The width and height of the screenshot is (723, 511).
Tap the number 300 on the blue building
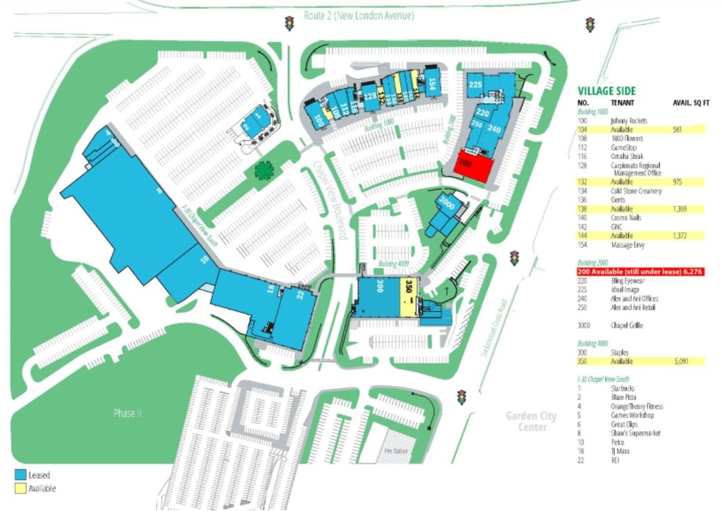[380, 287]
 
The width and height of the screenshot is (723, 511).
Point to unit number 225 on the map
[475, 85]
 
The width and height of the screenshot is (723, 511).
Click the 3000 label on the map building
[446, 205]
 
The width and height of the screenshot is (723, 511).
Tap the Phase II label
[127, 413]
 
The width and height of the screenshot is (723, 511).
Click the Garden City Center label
[531, 421]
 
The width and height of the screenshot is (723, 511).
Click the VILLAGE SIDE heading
[607, 91]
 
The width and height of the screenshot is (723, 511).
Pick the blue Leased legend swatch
[20, 475]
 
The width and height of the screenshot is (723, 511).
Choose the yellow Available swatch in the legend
[20, 488]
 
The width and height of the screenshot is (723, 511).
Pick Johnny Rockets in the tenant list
[629, 121]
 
